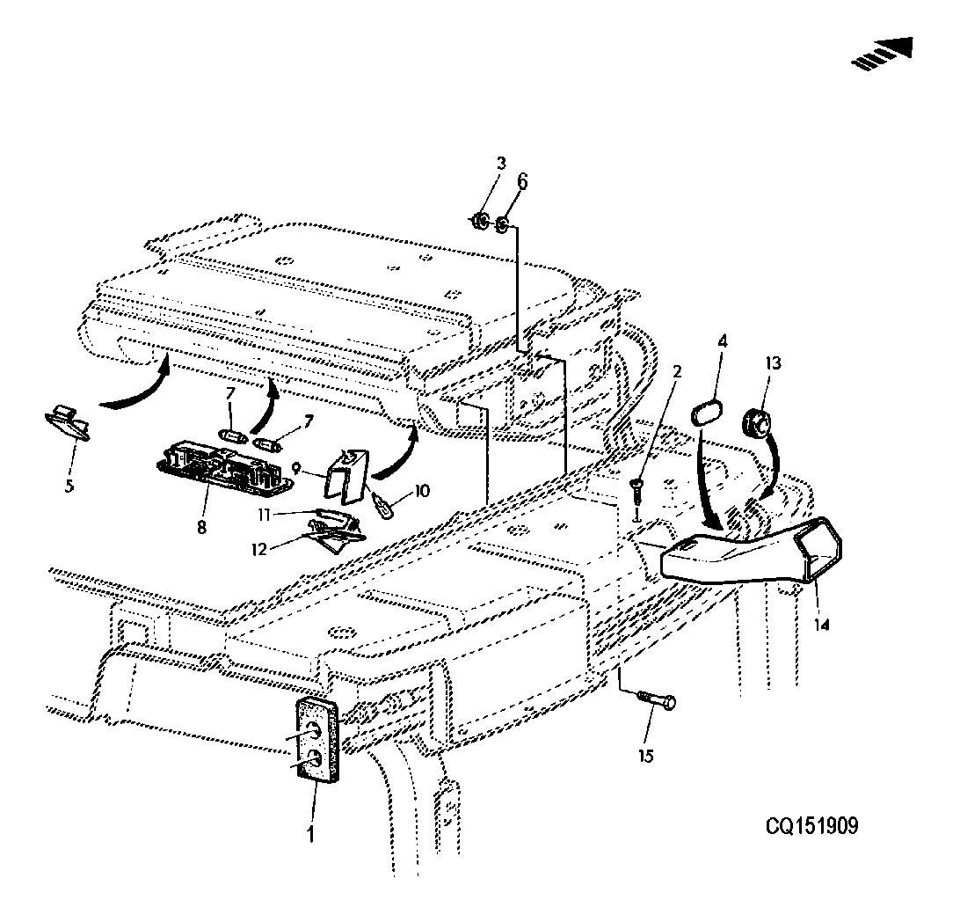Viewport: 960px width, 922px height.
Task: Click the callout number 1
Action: point(310,832)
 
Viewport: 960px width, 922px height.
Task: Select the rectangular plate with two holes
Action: point(317,741)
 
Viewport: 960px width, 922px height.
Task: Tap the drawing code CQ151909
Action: point(811,826)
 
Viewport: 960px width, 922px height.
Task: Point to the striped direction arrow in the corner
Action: point(883,54)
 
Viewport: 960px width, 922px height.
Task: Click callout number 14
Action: point(822,625)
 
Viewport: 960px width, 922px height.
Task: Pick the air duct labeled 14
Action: point(752,551)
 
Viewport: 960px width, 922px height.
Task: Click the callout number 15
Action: point(646,756)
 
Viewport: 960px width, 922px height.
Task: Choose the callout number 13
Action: point(774,363)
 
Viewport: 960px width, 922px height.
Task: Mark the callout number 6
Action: point(522,181)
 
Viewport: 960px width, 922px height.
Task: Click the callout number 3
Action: point(501,164)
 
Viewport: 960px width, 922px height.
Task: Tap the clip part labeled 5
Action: point(69,421)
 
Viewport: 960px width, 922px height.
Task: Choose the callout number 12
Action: point(259,549)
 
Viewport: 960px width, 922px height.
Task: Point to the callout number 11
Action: point(264,515)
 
